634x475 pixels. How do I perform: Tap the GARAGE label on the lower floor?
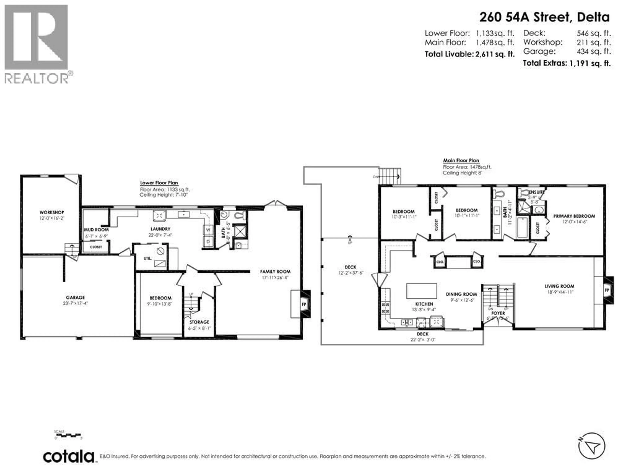tap(75, 298)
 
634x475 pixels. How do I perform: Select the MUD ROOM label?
tap(96, 230)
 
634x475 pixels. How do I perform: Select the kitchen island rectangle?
tap(422, 291)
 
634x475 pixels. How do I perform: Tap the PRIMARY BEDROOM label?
tap(574, 216)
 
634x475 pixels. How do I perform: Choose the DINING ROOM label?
tap(461, 294)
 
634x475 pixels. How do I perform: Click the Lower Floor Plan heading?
tap(159, 183)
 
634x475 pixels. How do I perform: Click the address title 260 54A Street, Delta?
tap(544, 17)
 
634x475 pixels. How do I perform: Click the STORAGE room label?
tap(199, 322)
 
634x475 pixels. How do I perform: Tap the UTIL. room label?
tap(148, 258)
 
